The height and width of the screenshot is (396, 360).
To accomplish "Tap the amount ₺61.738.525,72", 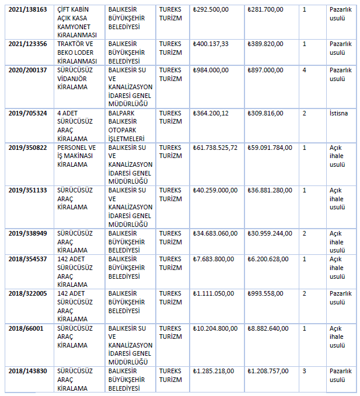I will [x=215, y=148].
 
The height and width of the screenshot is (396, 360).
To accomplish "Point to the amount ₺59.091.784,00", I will [x=269, y=148].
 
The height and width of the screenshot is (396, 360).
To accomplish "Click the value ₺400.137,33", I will [x=215, y=44].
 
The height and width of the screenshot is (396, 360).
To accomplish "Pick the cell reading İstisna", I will [x=338, y=113].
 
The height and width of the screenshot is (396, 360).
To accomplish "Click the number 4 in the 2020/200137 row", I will [x=305, y=70].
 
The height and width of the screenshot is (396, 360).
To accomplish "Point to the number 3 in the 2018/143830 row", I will [x=305, y=371].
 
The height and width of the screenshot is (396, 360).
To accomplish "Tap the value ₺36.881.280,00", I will [x=269, y=190].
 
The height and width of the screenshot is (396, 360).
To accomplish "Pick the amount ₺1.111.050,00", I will [x=215, y=293].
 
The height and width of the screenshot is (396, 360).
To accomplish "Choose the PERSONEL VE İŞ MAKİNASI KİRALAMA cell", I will [x=76, y=156].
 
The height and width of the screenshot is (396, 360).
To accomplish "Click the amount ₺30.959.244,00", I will [x=269, y=233].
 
